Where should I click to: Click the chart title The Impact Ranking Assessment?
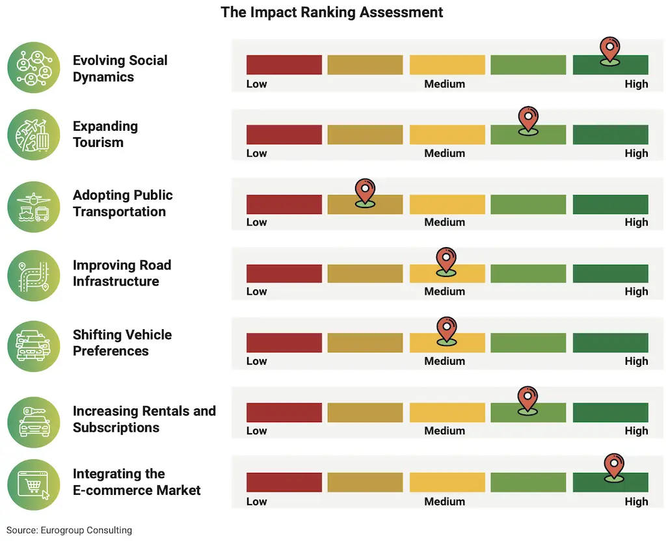point(332,12)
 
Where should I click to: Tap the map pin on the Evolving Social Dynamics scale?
point(609,49)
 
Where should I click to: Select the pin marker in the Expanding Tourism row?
point(528,120)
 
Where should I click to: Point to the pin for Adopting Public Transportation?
point(365,191)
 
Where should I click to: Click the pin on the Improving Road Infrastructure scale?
point(446,260)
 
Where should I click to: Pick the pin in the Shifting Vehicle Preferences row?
point(446,329)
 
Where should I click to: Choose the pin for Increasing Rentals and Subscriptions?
point(527,399)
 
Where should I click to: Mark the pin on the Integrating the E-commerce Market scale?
point(613,466)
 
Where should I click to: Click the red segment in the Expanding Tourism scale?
point(284,135)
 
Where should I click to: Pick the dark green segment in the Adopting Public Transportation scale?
point(610,204)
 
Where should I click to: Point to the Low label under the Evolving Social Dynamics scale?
point(256,84)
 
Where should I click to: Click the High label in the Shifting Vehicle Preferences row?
point(636,361)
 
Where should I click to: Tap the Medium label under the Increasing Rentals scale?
point(445,431)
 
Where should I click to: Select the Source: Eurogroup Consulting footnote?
point(70,530)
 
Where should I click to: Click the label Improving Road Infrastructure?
point(122,273)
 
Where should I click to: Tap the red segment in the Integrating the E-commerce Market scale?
point(284,482)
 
